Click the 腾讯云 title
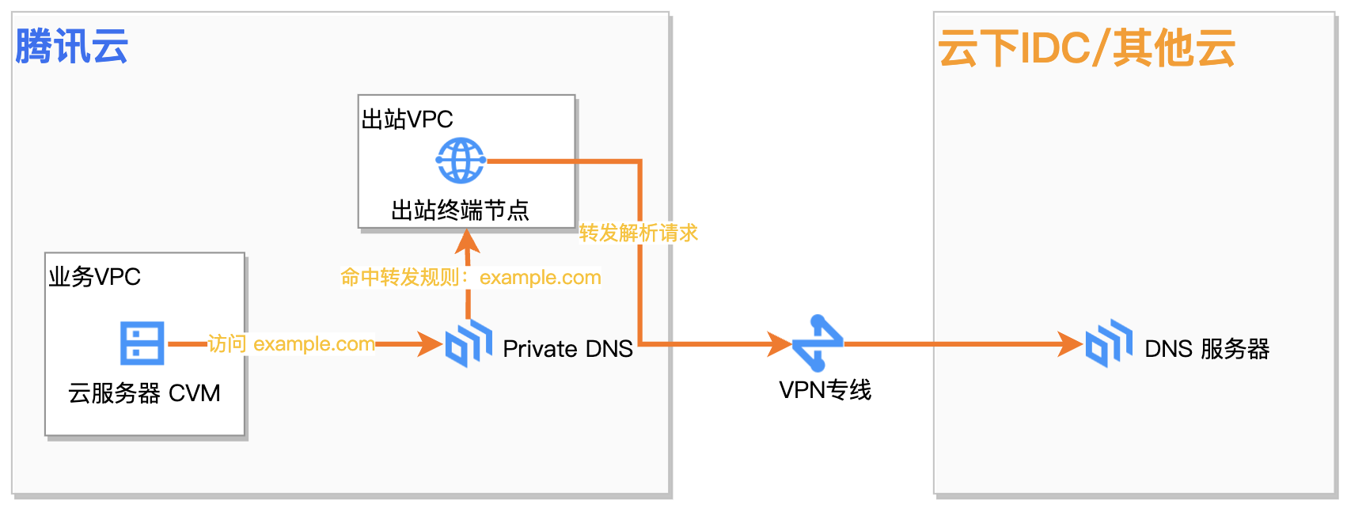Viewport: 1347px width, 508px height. (x=72, y=46)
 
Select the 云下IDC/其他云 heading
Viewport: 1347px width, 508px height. (x=1086, y=48)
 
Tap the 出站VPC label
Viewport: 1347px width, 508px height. (x=407, y=119)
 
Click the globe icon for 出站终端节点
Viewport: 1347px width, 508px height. (x=461, y=161)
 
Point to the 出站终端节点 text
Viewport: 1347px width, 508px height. (x=460, y=210)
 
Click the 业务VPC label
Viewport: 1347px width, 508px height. (x=94, y=277)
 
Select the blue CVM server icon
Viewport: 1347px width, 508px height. (x=142, y=343)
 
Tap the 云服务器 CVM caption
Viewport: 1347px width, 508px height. (x=144, y=392)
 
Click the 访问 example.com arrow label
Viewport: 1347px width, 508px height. (x=291, y=344)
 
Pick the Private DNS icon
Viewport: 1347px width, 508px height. (x=469, y=343)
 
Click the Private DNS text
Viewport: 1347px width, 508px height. (x=567, y=349)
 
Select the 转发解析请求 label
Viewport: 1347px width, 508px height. (x=638, y=233)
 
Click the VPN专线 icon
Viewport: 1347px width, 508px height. (x=818, y=343)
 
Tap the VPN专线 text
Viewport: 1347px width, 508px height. (x=825, y=389)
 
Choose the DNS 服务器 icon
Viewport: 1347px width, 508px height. (x=1109, y=343)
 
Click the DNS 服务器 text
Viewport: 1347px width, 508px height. (x=1207, y=349)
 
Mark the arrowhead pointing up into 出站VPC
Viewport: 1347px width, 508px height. (x=468, y=241)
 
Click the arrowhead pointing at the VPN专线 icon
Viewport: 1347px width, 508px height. (x=780, y=344)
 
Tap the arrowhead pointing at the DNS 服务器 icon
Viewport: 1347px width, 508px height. (x=1072, y=344)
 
